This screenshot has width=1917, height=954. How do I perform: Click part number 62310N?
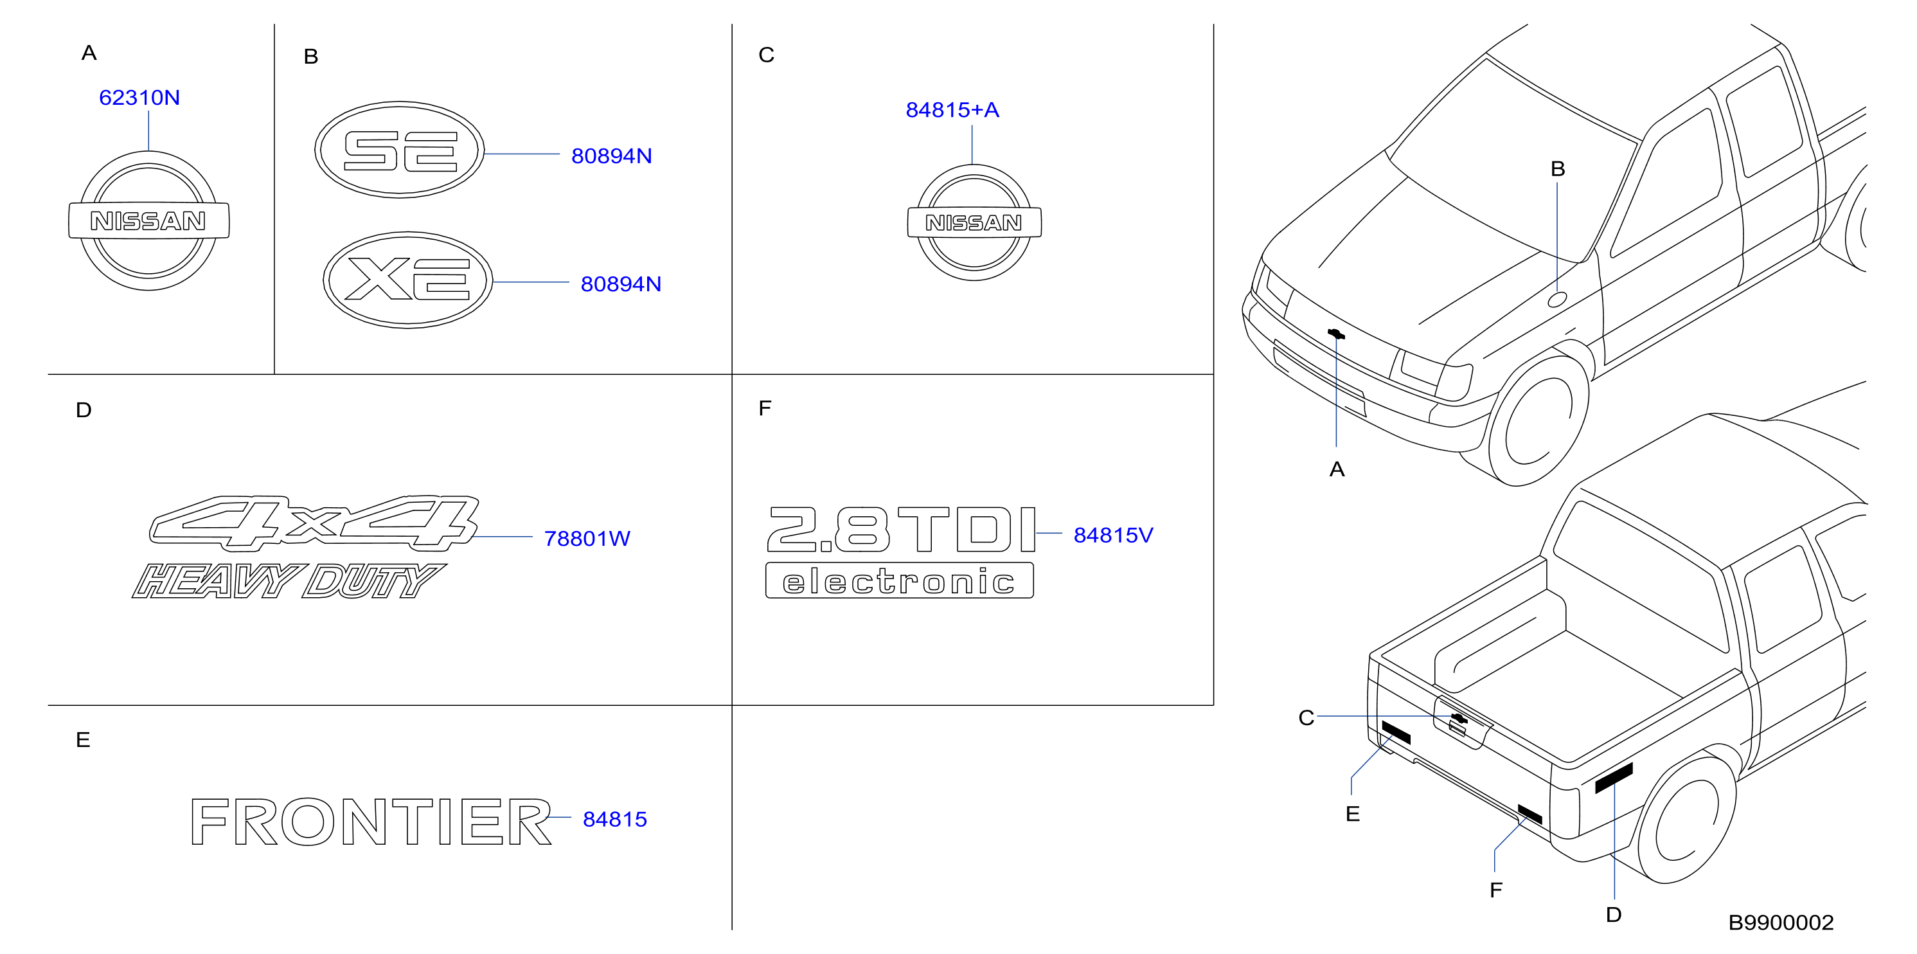139,98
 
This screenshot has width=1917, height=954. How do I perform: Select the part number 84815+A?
952,110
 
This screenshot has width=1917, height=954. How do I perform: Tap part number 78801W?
587,538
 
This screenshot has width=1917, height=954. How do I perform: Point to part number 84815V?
1112,535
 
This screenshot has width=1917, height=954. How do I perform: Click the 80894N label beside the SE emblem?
611,156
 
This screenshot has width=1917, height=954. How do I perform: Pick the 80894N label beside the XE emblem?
621,283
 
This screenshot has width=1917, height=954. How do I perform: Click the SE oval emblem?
400,150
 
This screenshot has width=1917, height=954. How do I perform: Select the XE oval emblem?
408,279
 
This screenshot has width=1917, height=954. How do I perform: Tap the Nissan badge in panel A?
149,221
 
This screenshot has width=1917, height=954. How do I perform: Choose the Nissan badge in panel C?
974,222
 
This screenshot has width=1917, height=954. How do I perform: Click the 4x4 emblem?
314,523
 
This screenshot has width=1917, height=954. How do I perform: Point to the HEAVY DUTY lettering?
289,580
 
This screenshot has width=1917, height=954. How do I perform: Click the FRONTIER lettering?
371,822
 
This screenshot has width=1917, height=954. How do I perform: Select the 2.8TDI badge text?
901,529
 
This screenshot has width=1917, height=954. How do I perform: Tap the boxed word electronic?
900,580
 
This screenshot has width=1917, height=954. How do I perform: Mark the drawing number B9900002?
1781,923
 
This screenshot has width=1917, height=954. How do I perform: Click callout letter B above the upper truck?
1558,169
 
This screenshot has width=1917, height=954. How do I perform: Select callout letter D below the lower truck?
1614,915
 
